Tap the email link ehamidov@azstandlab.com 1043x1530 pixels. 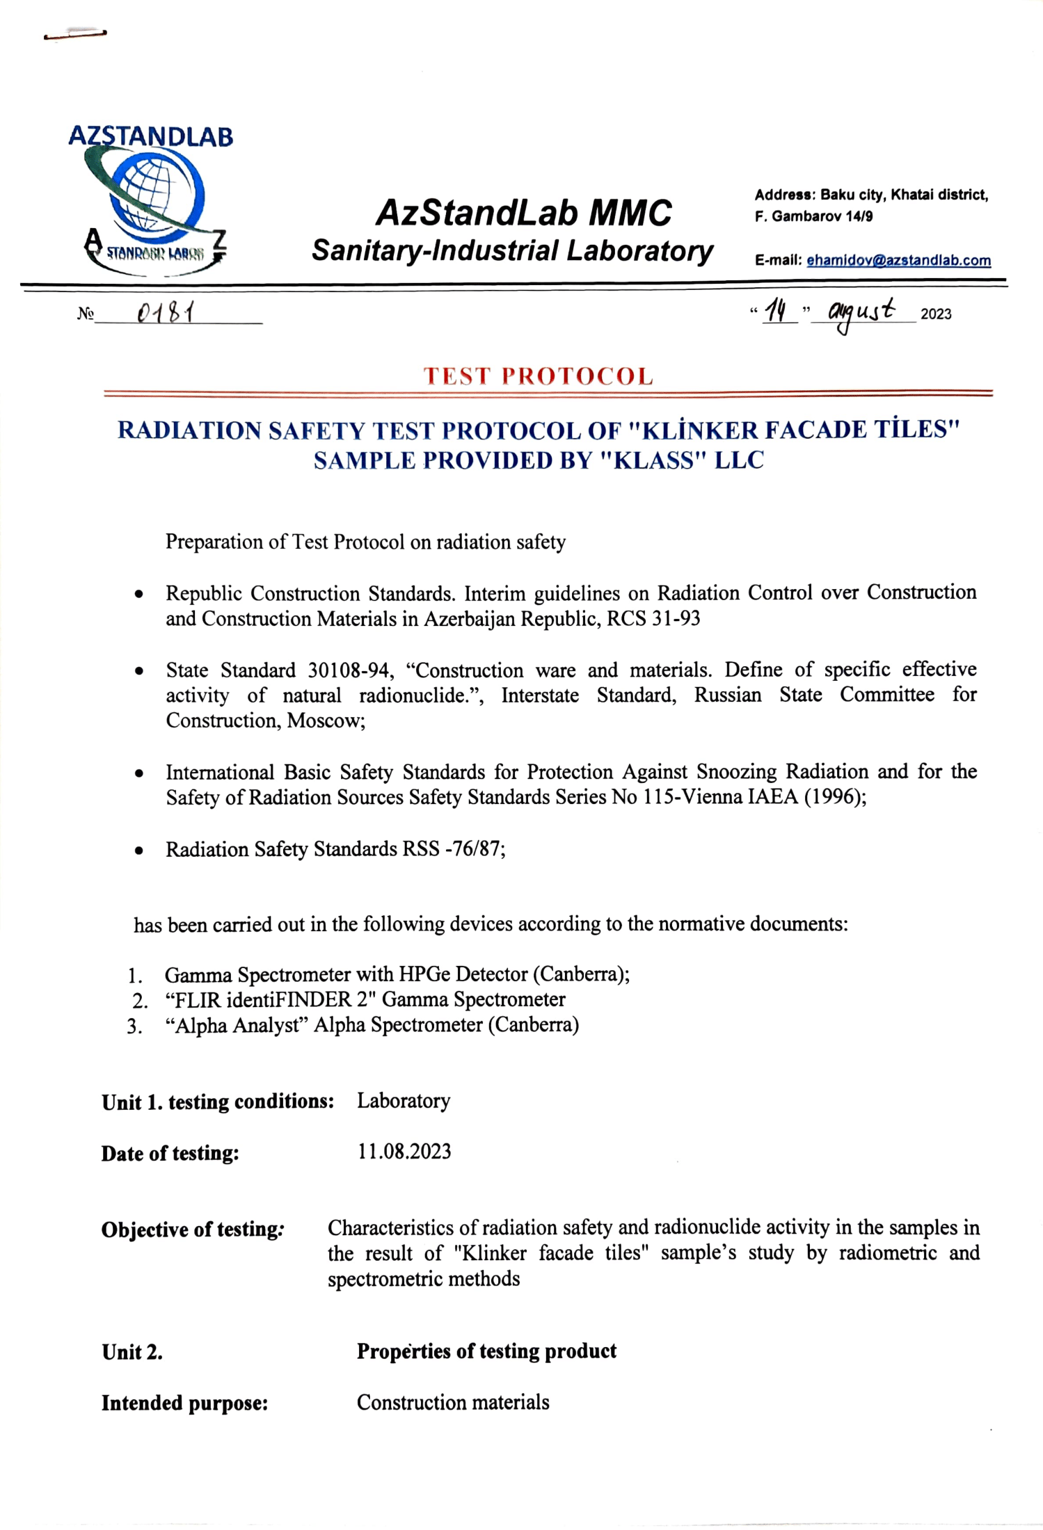click(x=898, y=260)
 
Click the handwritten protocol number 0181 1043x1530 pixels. click(x=166, y=314)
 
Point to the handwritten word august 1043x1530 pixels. click(x=861, y=312)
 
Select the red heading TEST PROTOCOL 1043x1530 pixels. click(x=539, y=376)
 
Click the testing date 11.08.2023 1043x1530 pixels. click(x=404, y=1152)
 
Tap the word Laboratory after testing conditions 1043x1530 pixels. click(x=404, y=1101)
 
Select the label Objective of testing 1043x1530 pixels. click(x=191, y=1229)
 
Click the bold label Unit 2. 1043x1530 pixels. click(x=132, y=1352)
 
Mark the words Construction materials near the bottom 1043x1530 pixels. click(x=453, y=1403)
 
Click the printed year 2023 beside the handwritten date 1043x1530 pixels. click(x=936, y=314)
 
